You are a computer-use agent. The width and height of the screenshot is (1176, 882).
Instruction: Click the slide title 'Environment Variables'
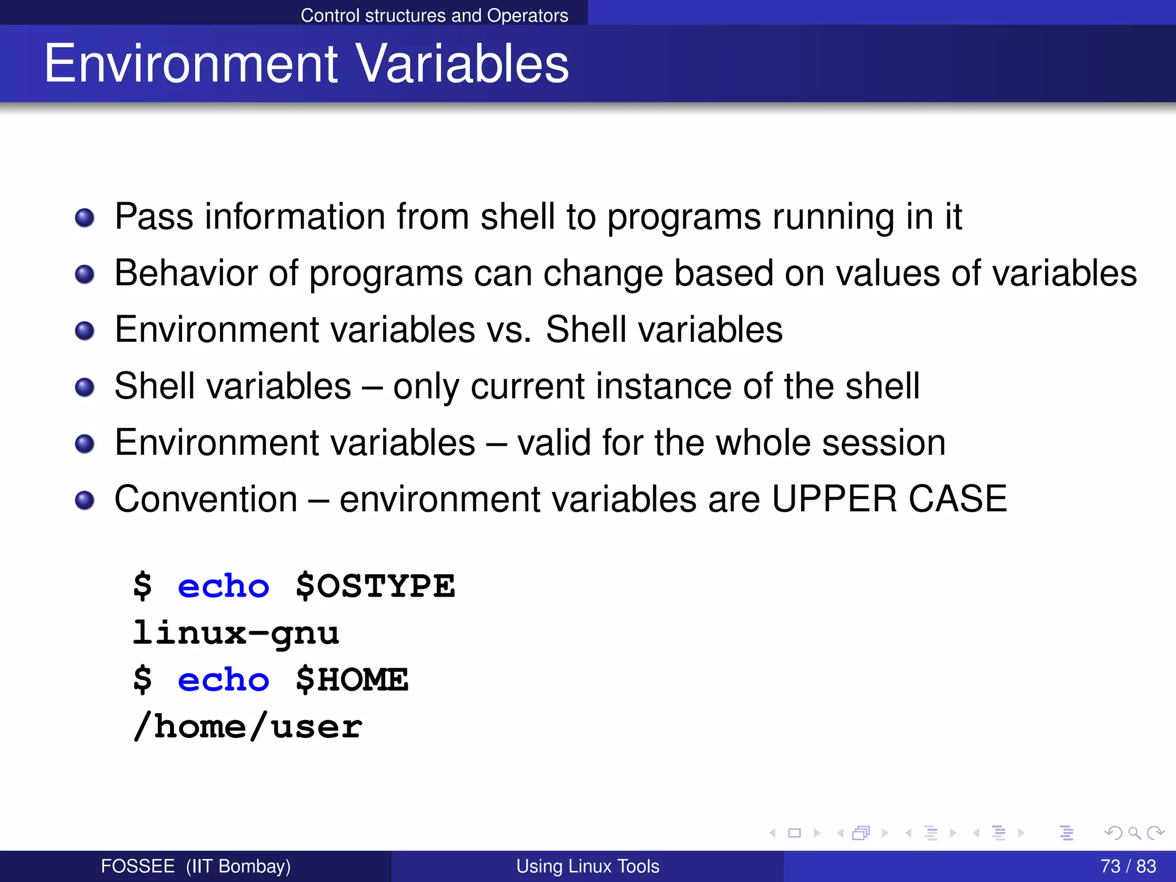(306, 64)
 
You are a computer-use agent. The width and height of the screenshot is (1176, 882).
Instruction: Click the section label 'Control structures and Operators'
(434, 15)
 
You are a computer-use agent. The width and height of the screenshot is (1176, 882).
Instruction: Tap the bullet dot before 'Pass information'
(85, 218)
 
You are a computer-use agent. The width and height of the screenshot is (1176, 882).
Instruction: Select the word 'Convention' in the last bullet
(206, 499)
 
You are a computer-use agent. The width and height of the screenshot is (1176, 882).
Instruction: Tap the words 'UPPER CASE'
(889, 499)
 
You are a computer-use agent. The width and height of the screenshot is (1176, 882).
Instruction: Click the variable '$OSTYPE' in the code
(375, 587)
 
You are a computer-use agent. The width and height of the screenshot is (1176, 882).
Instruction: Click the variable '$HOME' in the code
(351, 680)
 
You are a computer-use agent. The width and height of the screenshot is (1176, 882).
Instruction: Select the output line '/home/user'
(247, 728)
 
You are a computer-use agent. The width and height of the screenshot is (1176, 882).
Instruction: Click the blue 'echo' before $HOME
(223, 680)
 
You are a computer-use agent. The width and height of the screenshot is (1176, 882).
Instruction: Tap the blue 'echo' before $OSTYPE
(223, 587)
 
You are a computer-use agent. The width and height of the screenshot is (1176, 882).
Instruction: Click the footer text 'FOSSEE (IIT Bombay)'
(195, 866)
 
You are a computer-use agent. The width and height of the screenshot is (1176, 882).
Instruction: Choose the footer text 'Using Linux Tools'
(587, 866)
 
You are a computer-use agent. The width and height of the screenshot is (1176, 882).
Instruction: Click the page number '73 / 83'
(1128, 866)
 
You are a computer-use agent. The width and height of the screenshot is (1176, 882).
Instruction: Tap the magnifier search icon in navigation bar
(1134, 833)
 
